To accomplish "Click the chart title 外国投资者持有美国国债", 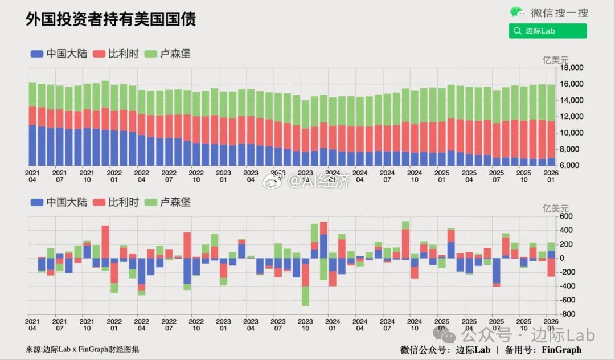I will [x=111, y=19].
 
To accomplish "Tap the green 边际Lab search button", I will [x=548, y=31].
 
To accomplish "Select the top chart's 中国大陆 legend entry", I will [x=60, y=54].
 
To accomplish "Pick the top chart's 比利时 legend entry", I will [x=117, y=54].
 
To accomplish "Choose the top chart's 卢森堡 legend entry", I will [x=168, y=54].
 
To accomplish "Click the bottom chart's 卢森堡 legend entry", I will [x=168, y=202].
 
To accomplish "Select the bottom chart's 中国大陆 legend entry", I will [x=60, y=202].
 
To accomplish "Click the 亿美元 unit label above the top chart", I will [x=555, y=60].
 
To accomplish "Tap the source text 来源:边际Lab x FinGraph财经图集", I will [x=83, y=349].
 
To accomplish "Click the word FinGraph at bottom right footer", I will [x=561, y=349].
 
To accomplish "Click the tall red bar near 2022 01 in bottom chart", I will [x=105, y=242].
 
